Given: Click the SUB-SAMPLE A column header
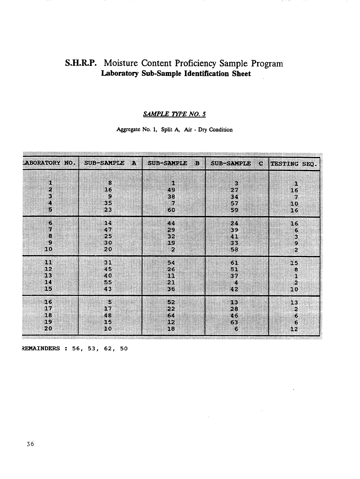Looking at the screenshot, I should pos(110,163).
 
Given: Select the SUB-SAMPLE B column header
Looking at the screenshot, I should pos(174,163).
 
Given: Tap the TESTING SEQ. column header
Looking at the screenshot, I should pos(294,164).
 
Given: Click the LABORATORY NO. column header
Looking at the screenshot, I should pos(48,163).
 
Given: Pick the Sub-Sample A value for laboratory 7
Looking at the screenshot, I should pos(108,230).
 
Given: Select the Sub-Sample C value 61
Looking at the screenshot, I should pos(234,262).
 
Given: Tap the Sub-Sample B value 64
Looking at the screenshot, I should pos(171,315).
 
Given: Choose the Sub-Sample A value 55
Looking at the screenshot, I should pos(108,282).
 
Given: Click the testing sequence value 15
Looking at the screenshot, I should pos(294,263).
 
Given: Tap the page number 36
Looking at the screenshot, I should pos(30,444).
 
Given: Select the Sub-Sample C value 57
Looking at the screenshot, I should pos(234,203).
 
